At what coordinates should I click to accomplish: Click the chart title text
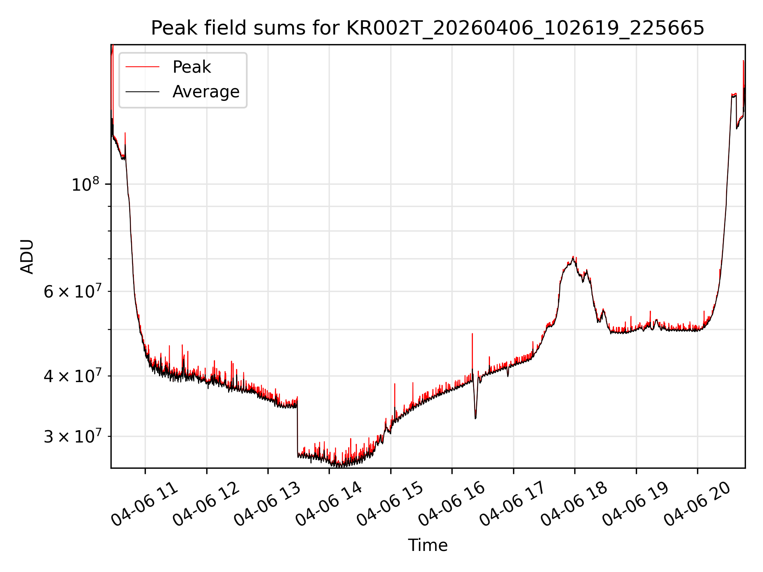(x=428, y=28)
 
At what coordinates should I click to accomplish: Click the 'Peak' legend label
(x=192, y=67)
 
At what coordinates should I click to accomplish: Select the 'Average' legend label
(x=206, y=92)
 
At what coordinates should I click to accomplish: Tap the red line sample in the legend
(x=142, y=67)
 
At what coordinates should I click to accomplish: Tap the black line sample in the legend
(x=142, y=92)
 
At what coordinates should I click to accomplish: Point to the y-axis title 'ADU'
(x=27, y=257)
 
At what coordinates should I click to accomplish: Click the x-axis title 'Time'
(x=428, y=545)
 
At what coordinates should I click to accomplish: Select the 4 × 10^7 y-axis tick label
(x=74, y=375)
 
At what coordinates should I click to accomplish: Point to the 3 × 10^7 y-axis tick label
(x=74, y=436)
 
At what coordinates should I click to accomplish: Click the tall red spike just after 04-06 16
(x=472, y=350)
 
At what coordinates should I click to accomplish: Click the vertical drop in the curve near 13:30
(x=297, y=427)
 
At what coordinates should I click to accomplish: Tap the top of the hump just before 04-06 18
(x=573, y=257)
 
